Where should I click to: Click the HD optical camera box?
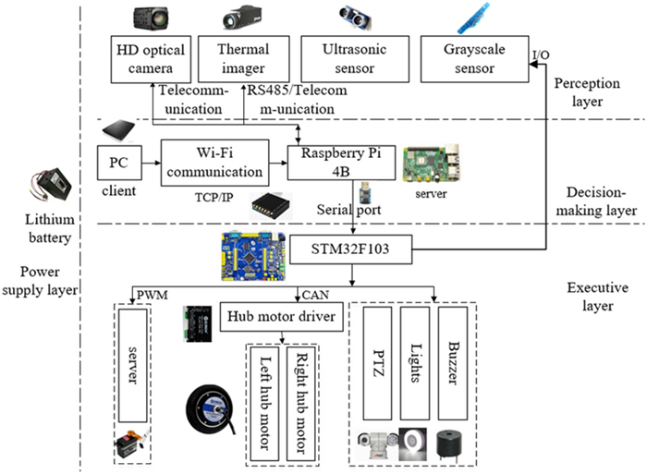pos(150,60)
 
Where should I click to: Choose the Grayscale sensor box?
pos(467,60)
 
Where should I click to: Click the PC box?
pos(118,164)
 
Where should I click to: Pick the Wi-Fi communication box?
pos(214,163)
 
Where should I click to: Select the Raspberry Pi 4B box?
pos(342,164)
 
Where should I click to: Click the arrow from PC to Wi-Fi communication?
pos(149,164)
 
